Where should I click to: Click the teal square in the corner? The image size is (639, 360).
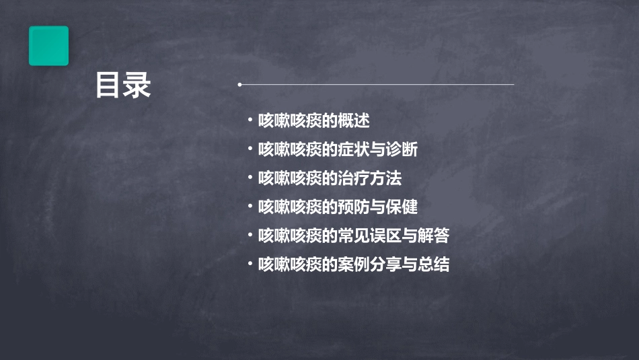click(48, 46)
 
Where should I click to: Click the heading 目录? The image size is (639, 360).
click(122, 85)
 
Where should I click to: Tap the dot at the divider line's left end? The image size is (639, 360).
click(239, 85)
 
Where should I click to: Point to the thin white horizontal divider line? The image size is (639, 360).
click(377, 85)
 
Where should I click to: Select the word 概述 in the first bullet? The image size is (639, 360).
click(355, 121)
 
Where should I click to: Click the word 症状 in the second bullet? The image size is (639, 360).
click(355, 150)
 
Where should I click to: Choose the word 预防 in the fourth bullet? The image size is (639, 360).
click(355, 207)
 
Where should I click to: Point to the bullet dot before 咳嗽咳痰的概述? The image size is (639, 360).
click(250, 121)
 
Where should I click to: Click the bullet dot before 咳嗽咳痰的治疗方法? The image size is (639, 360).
click(250, 178)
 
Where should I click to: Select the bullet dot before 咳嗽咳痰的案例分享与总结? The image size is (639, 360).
click(250, 264)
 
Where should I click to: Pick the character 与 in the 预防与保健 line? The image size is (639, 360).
click(384, 207)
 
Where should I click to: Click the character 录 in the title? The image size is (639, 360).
click(137, 85)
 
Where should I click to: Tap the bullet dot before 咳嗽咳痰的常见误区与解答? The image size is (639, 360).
click(250, 236)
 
